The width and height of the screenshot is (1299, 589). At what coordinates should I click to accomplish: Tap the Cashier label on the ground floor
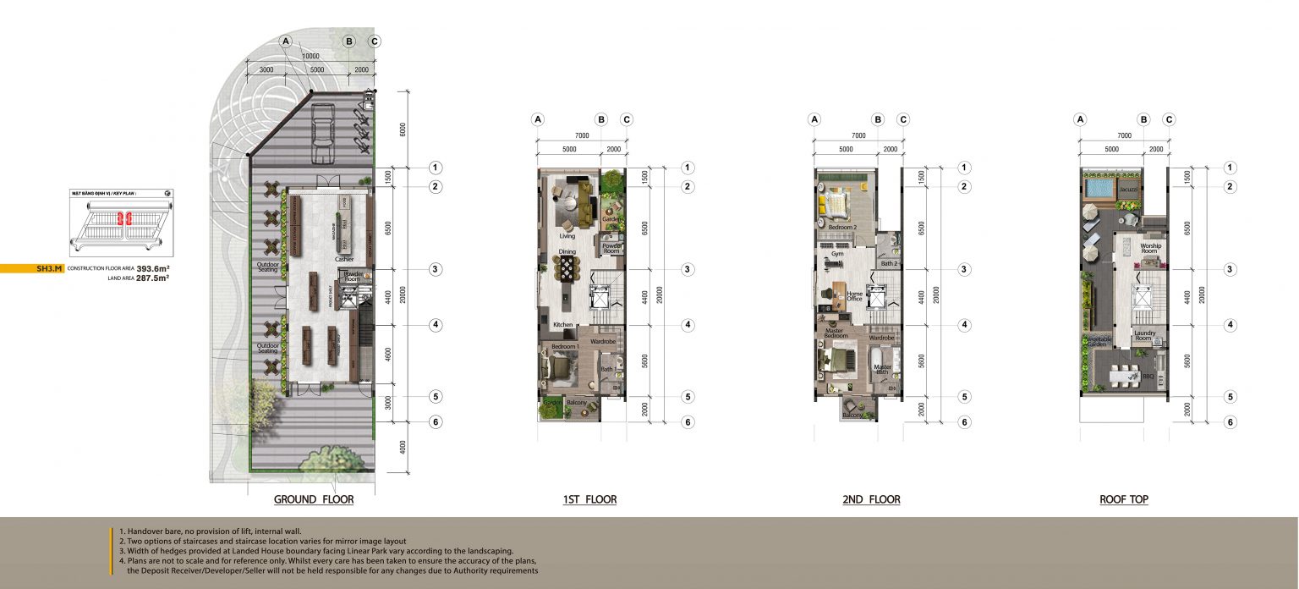coord(343,259)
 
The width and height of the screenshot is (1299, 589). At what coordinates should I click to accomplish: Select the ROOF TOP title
coord(1123,500)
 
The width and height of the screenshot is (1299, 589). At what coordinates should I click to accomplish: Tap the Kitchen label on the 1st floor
coord(563,325)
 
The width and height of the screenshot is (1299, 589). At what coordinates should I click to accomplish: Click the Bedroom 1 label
coord(565,347)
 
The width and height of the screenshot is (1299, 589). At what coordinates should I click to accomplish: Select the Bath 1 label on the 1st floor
coord(607,369)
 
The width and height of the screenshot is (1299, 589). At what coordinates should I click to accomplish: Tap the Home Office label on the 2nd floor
coord(854,296)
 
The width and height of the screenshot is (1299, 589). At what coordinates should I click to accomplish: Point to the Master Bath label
coord(882,370)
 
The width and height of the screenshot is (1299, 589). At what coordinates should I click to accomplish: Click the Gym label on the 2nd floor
coord(837,253)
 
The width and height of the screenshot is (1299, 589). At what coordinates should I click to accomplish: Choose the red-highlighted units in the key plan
coord(121,218)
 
